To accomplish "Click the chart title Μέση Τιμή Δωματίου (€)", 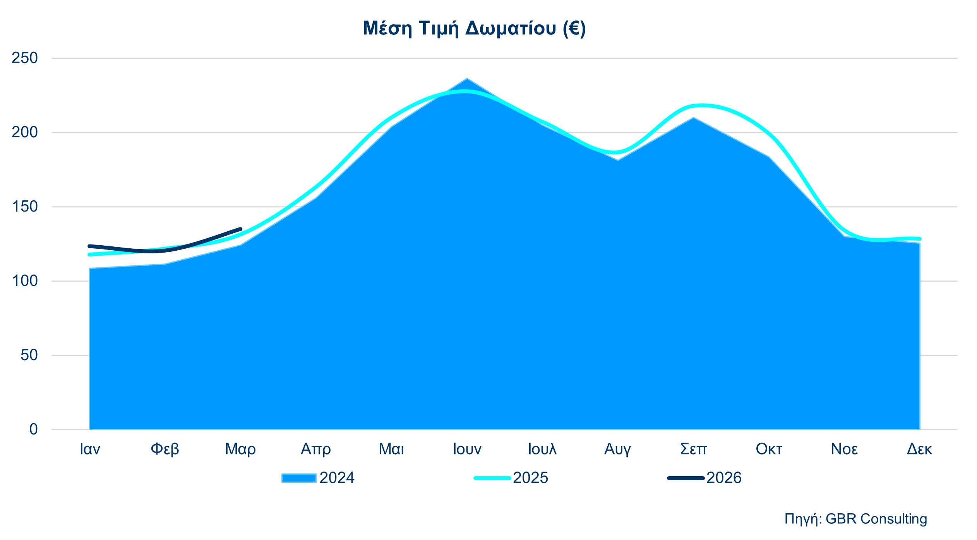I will [474, 28].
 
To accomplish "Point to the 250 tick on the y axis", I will [25, 58].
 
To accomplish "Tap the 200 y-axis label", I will [25, 132].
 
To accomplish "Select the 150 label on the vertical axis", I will [25, 207].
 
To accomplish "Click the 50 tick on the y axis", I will [29, 355].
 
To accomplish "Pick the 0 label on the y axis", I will [34, 429].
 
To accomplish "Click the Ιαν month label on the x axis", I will [90, 449].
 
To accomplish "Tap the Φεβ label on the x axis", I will [165, 449].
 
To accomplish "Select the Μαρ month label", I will [240, 449].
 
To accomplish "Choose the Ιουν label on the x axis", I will [467, 449].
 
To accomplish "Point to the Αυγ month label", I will [617, 449].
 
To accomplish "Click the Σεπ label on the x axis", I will [693, 449].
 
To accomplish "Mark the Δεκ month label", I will [919, 449].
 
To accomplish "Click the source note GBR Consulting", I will [855, 519].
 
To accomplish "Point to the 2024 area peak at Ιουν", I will [467, 79].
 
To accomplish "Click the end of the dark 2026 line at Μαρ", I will [240, 229].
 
